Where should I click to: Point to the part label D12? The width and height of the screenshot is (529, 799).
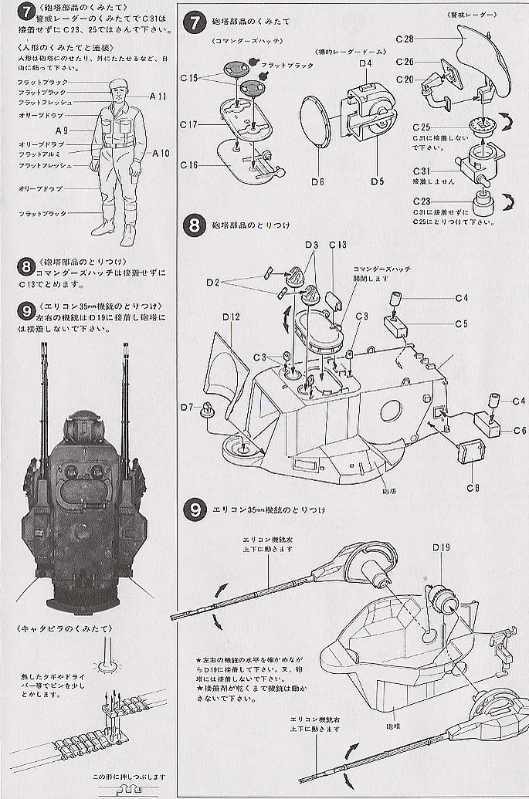click(232, 317)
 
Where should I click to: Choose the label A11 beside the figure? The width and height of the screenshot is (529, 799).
click(158, 96)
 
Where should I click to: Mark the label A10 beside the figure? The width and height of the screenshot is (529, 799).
click(161, 153)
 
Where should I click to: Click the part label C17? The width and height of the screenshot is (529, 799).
click(190, 124)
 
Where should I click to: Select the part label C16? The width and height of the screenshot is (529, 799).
click(190, 165)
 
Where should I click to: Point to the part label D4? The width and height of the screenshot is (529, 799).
click(366, 63)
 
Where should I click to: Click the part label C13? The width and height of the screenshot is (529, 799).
click(337, 245)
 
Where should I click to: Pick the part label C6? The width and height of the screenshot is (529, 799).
click(519, 430)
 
